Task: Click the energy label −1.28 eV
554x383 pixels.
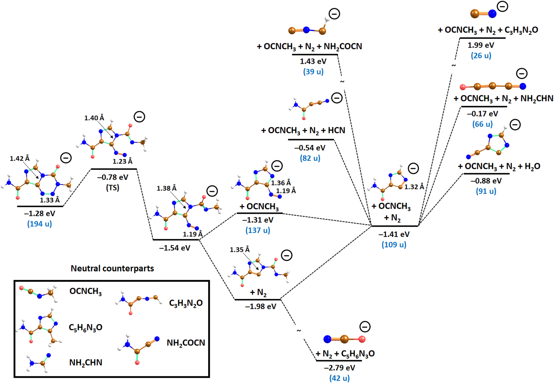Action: tap(39, 214)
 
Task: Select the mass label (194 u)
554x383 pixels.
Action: tap(39, 224)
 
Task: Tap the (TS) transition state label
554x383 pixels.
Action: tap(113, 188)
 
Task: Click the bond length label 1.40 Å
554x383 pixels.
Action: tap(94, 118)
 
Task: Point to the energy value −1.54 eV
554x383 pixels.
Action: tap(175, 248)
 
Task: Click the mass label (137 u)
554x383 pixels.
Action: tap(258, 231)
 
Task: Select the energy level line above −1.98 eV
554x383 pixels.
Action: tap(258, 300)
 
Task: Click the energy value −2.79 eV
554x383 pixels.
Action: tap(340, 368)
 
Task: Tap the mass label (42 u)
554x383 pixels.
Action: tap(340, 378)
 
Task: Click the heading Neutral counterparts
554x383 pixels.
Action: tap(112, 268)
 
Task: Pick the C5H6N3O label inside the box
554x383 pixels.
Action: tap(85, 328)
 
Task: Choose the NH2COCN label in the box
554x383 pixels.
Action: tap(186, 343)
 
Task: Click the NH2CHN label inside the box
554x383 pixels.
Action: tap(86, 363)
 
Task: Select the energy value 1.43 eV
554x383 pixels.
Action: tap(313, 61)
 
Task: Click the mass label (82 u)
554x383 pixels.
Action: tap(310, 158)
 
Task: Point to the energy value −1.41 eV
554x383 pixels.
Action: tap(394, 234)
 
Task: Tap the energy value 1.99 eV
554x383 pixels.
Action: tap(481, 45)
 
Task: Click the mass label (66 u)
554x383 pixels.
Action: tap(482, 124)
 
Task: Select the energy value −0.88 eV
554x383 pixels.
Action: tap(486, 181)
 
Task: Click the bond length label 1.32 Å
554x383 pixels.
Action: tap(414, 187)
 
